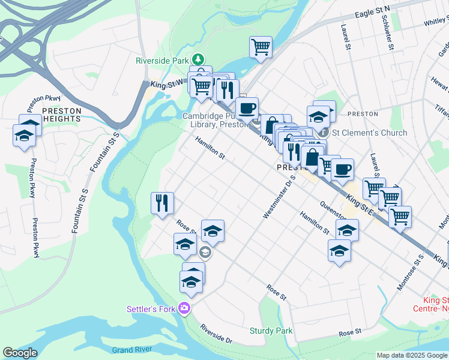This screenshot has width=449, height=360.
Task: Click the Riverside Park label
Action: pyautogui.click(x=161, y=61)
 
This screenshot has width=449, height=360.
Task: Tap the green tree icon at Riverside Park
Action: pyautogui.click(x=198, y=60)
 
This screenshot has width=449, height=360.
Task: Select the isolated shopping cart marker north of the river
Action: pyautogui.click(x=261, y=46)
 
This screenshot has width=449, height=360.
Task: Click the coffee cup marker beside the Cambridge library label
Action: pyautogui.click(x=247, y=108)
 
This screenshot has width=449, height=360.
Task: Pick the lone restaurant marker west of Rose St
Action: pyautogui.click(x=161, y=203)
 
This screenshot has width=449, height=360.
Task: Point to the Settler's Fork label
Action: pyautogui.click(x=151, y=310)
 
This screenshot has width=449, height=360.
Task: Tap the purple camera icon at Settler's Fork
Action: pyautogui.click(x=184, y=309)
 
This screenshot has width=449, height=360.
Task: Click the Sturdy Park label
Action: pyautogui.click(x=271, y=331)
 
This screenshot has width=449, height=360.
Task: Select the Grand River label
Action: pyautogui.click(x=130, y=349)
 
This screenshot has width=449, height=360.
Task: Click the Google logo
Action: pyautogui.click(x=20, y=353)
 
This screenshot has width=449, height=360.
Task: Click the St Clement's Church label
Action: pyautogui.click(x=369, y=133)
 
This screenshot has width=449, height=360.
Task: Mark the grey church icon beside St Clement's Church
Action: pyautogui.click(x=324, y=133)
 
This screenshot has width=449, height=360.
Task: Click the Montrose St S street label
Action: pyautogui.click(x=411, y=272)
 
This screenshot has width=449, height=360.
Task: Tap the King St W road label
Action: pyautogui.click(x=166, y=85)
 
